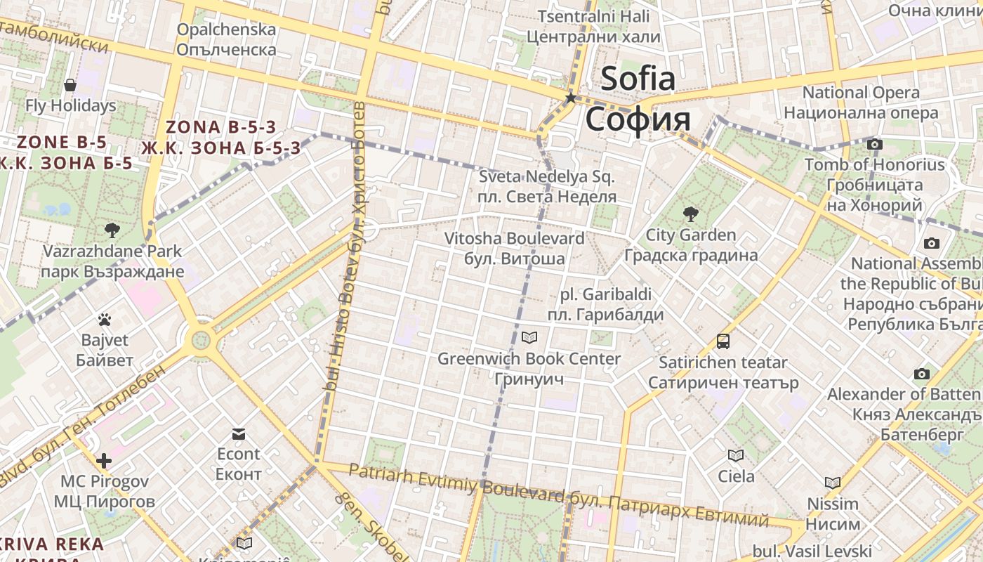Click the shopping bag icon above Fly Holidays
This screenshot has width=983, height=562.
(x=70, y=85)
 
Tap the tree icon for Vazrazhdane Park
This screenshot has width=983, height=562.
(x=112, y=230)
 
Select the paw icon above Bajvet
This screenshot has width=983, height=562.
(x=105, y=320)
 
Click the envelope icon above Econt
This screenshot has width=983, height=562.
(x=239, y=433)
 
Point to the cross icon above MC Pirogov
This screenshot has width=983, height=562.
(x=104, y=461)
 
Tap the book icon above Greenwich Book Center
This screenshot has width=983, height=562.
(x=529, y=338)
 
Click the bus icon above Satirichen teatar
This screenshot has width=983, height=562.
(x=723, y=342)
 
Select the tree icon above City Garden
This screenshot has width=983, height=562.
(x=691, y=214)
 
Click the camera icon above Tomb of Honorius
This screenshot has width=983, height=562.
(x=874, y=144)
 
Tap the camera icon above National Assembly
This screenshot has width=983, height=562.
(x=932, y=243)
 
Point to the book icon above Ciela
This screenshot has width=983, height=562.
(x=736, y=455)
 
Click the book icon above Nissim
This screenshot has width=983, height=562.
(x=833, y=483)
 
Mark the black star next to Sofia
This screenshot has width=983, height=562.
(x=572, y=98)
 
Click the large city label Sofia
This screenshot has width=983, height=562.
(x=638, y=79)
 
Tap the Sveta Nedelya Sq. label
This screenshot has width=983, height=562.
(x=546, y=176)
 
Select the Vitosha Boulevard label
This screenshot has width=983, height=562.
(x=514, y=239)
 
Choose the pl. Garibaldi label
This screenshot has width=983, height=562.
(x=606, y=294)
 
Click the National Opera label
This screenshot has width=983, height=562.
(x=861, y=93)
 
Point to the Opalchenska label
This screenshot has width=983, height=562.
(x=226, y=30)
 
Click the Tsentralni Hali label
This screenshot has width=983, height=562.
(x=593, y=16)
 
